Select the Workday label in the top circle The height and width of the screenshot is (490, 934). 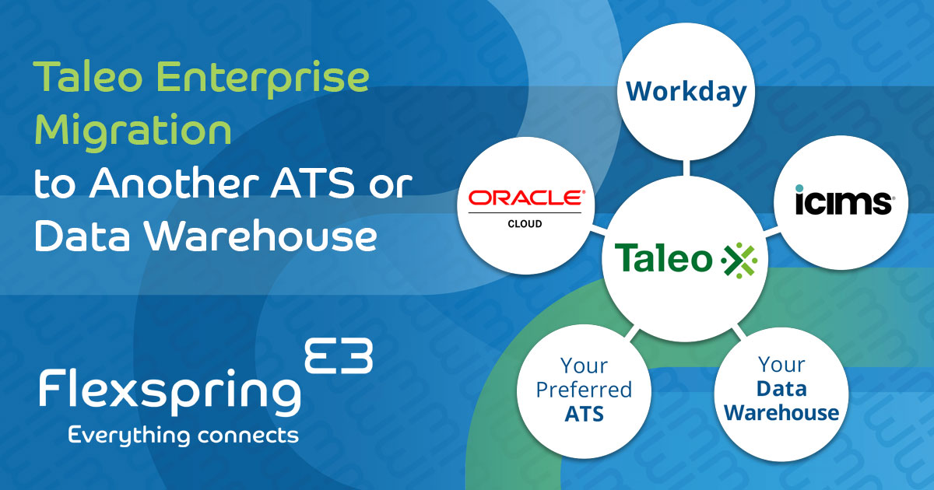point(686,92)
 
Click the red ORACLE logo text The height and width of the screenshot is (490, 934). point(526,199)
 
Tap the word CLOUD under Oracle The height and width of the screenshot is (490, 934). point(525,223)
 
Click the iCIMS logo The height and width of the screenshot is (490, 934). point(844,201)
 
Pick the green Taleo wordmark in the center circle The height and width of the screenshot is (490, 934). point(663,259)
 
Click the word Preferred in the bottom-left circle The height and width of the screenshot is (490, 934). point(584,389)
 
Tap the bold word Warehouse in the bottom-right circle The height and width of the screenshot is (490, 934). point(781,412)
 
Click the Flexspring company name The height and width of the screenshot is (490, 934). point(170,391)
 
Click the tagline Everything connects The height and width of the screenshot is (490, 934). point(184,435)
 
